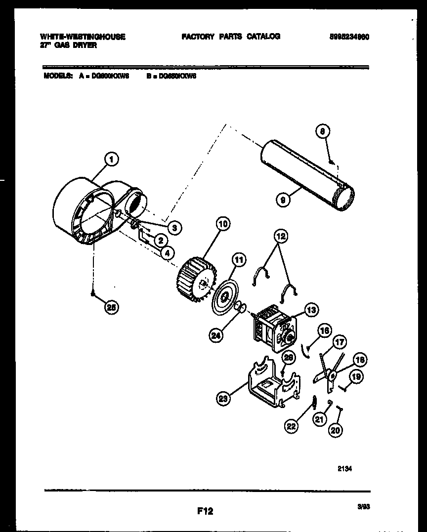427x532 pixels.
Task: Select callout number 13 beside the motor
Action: [x=311, y=310]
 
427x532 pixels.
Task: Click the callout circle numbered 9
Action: [x=283, y=200]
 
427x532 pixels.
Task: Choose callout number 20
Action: [x=336, y=430]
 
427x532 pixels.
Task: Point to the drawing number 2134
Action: [x=345, y=469]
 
